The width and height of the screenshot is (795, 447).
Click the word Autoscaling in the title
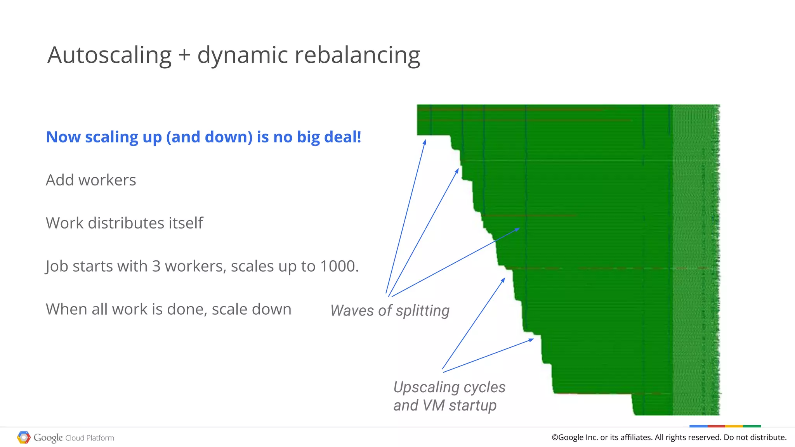point(109,55)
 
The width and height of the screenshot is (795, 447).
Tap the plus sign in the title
point(184,55)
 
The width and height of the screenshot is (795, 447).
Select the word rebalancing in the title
point(357,55)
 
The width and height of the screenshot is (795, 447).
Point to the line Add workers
point(91,180)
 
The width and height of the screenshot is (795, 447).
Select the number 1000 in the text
point(337,266)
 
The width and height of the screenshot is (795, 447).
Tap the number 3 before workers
point(156,266)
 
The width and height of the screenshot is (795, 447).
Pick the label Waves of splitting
point(390,310)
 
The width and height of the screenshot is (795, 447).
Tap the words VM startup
point(460,405)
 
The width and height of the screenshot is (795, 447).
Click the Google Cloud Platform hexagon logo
point(24,437)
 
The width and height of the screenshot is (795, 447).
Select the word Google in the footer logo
point(48,438)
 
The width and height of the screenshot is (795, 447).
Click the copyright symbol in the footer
point(555,437)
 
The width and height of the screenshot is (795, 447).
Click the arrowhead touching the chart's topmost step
point(425,142)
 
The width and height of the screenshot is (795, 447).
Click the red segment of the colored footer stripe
point(716,426)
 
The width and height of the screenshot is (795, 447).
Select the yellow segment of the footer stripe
point(734,426)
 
